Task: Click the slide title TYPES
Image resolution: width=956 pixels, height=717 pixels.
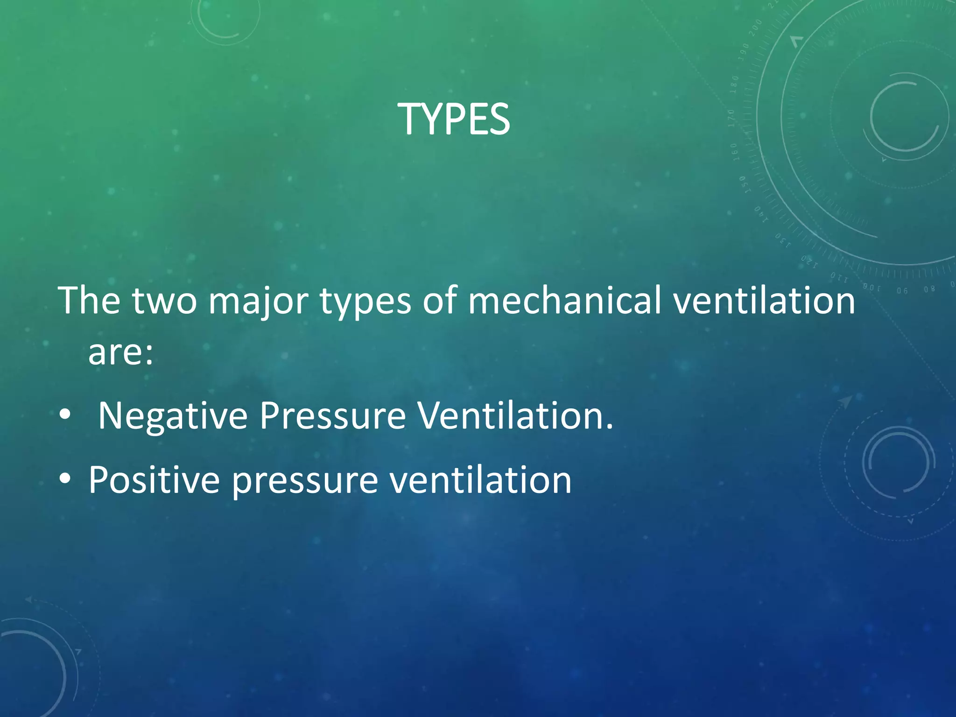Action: (454, 120)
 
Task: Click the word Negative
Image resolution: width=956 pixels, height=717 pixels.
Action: (173, 416)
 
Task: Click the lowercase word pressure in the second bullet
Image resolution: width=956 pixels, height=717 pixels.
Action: (305, 481)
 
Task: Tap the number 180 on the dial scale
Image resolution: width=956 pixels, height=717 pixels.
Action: (735, 84)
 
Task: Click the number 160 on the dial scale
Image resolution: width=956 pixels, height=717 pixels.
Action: (734, 152)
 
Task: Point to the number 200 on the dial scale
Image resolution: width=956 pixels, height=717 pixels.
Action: (755, 28)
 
